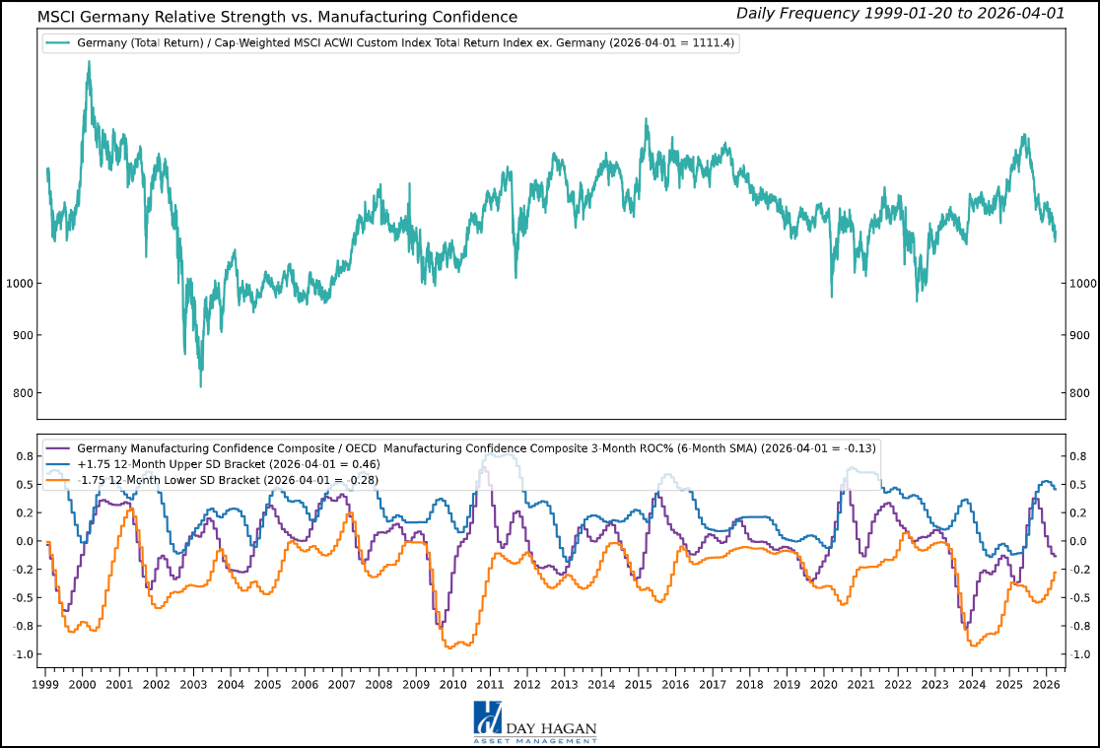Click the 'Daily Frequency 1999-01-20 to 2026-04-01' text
click(913, 13)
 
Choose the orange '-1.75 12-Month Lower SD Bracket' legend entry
click(227, 480)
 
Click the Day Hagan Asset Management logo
click(534, 720)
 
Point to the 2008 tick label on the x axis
click(378, 684)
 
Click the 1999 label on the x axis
click(45, 684)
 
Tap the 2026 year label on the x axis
click(1047, 684)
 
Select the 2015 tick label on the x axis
click(639, 684)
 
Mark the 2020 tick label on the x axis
click(824, 684)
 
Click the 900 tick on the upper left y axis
click(22, 335)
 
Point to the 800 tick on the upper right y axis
click(1075, 393)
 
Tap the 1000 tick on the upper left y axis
click(19, 284)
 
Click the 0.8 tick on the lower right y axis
click(1075, 456)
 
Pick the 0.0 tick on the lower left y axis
click(22, 541)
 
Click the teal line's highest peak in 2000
click(89, 61)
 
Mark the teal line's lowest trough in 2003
click(201, 386)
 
